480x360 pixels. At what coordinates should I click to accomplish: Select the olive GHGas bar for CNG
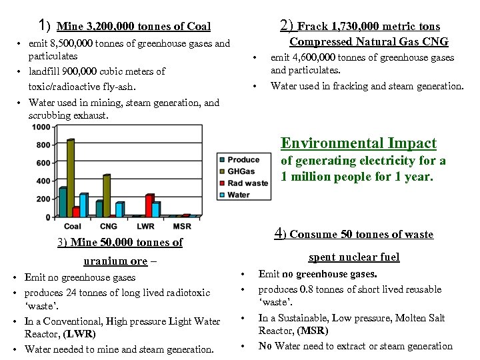point(107,196)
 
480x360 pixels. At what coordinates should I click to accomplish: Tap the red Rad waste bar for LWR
point(150,206)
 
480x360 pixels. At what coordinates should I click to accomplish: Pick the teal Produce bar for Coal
point(63,202)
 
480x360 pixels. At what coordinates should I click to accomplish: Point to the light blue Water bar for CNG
point(120,209)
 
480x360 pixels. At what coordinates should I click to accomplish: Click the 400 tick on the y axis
point(42,181)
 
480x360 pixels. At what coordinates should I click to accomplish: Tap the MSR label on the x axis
point(182,227)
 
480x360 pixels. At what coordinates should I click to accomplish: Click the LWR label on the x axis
point(145,227)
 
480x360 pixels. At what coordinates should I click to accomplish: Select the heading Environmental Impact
point(359,143)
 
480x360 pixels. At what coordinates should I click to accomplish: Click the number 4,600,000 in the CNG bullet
point(318,58)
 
